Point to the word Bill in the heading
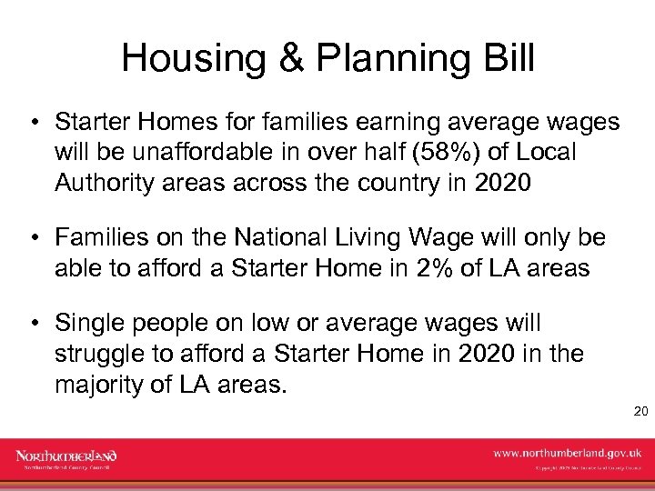tap(510, 58)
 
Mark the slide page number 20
tap(640, 412)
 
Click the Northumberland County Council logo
tap(66, 459)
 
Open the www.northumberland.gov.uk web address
tap(567, 452)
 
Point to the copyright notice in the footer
tap(588, 469)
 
